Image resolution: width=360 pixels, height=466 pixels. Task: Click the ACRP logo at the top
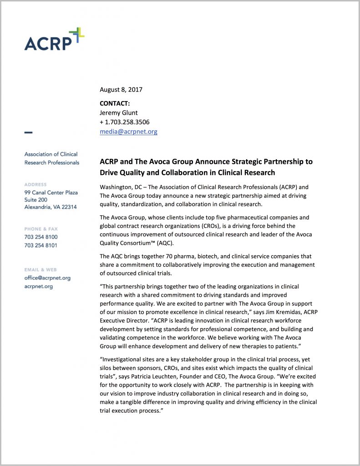54,40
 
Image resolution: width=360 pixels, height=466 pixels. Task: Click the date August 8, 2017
121,90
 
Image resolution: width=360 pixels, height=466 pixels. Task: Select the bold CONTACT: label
115,103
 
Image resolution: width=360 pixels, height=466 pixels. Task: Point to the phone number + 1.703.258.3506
124,122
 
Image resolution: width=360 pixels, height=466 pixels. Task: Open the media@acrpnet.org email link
128,132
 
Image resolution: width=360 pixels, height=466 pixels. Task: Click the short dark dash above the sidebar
28,132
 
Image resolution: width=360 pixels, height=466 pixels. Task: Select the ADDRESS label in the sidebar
35,184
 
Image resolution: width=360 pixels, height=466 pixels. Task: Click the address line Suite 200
35,200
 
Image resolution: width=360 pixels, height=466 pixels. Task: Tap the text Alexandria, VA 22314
51,207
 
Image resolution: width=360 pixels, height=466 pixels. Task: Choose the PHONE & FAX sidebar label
41,229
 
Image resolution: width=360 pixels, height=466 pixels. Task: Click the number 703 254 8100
41,237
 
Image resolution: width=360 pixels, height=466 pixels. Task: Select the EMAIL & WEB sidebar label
41,270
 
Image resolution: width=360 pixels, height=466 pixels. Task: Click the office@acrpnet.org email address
47,278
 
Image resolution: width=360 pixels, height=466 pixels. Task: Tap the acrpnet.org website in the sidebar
38,286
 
